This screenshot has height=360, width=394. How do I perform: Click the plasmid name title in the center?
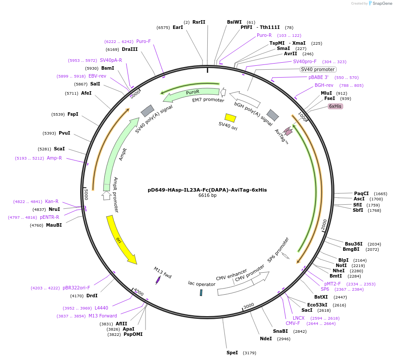point(207,190)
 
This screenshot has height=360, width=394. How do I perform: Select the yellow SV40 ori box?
point(230,118)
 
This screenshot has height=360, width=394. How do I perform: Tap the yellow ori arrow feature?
point(121,240)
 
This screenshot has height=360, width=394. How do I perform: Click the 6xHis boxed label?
point(335,106)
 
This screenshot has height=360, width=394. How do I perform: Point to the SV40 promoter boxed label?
point(318,69)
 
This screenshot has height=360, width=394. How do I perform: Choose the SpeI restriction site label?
point(232,353)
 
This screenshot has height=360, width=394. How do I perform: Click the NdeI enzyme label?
point(266,339)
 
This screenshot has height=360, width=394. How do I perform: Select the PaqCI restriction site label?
point(361,193)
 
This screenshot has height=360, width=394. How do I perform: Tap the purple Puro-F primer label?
point(143,41)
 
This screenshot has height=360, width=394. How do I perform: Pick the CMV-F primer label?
point(293,323)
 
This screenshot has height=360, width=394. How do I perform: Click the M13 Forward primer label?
point(103,316)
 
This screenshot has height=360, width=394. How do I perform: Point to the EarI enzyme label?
point(177,27)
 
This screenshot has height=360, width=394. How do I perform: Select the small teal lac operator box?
point(201,292)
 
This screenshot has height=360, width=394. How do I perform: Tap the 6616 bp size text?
point(207,196)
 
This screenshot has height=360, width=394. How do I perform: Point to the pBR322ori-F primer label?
point(76,288)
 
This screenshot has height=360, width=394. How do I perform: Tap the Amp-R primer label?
point(54,158)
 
